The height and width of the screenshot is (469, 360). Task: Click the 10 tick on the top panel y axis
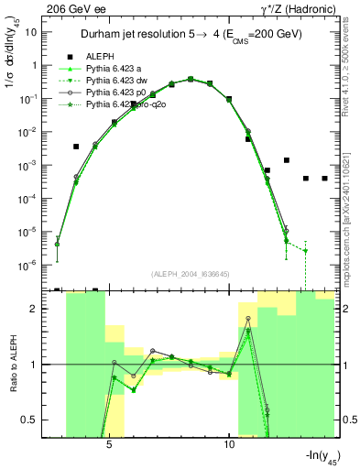pos(30,32)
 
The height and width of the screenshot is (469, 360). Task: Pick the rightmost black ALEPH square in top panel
pos(325,179)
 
